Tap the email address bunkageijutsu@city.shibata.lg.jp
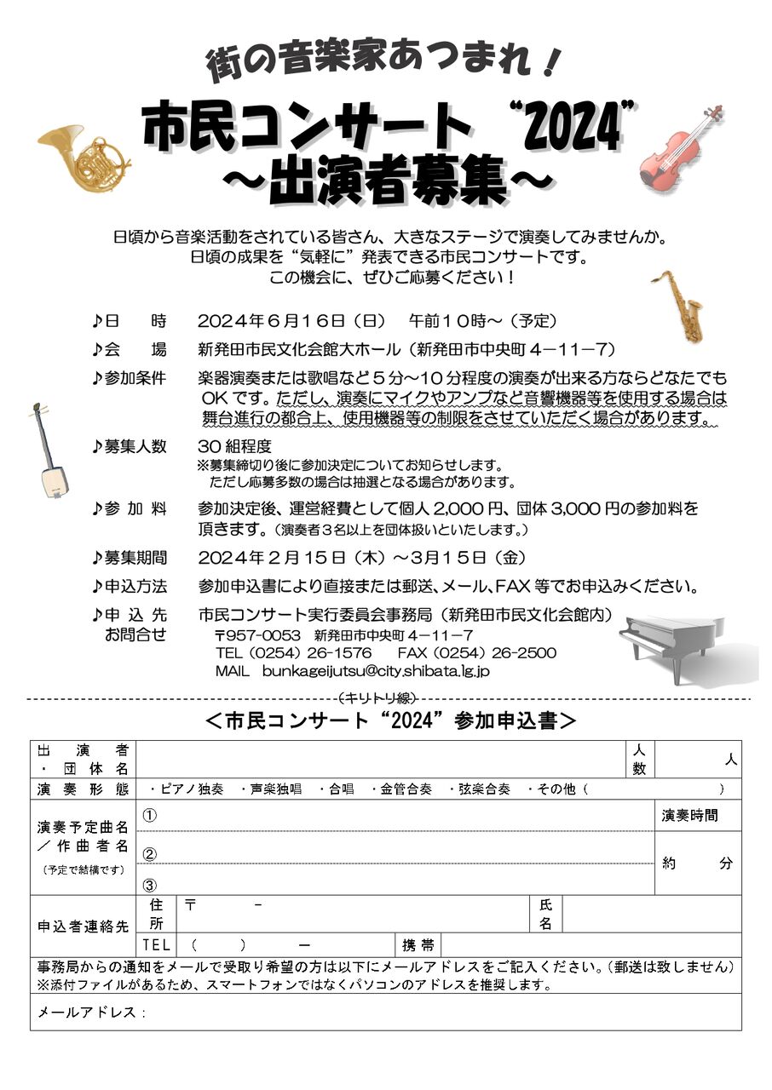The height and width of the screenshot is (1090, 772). pos(376,671)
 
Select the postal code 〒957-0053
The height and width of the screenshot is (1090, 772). pos(256,636)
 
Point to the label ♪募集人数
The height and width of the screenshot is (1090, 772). pos(130,447)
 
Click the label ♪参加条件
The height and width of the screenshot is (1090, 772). pos(130,377)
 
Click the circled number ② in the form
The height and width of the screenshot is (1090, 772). pos(150,854)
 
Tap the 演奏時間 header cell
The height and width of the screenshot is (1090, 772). pos(689,816)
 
